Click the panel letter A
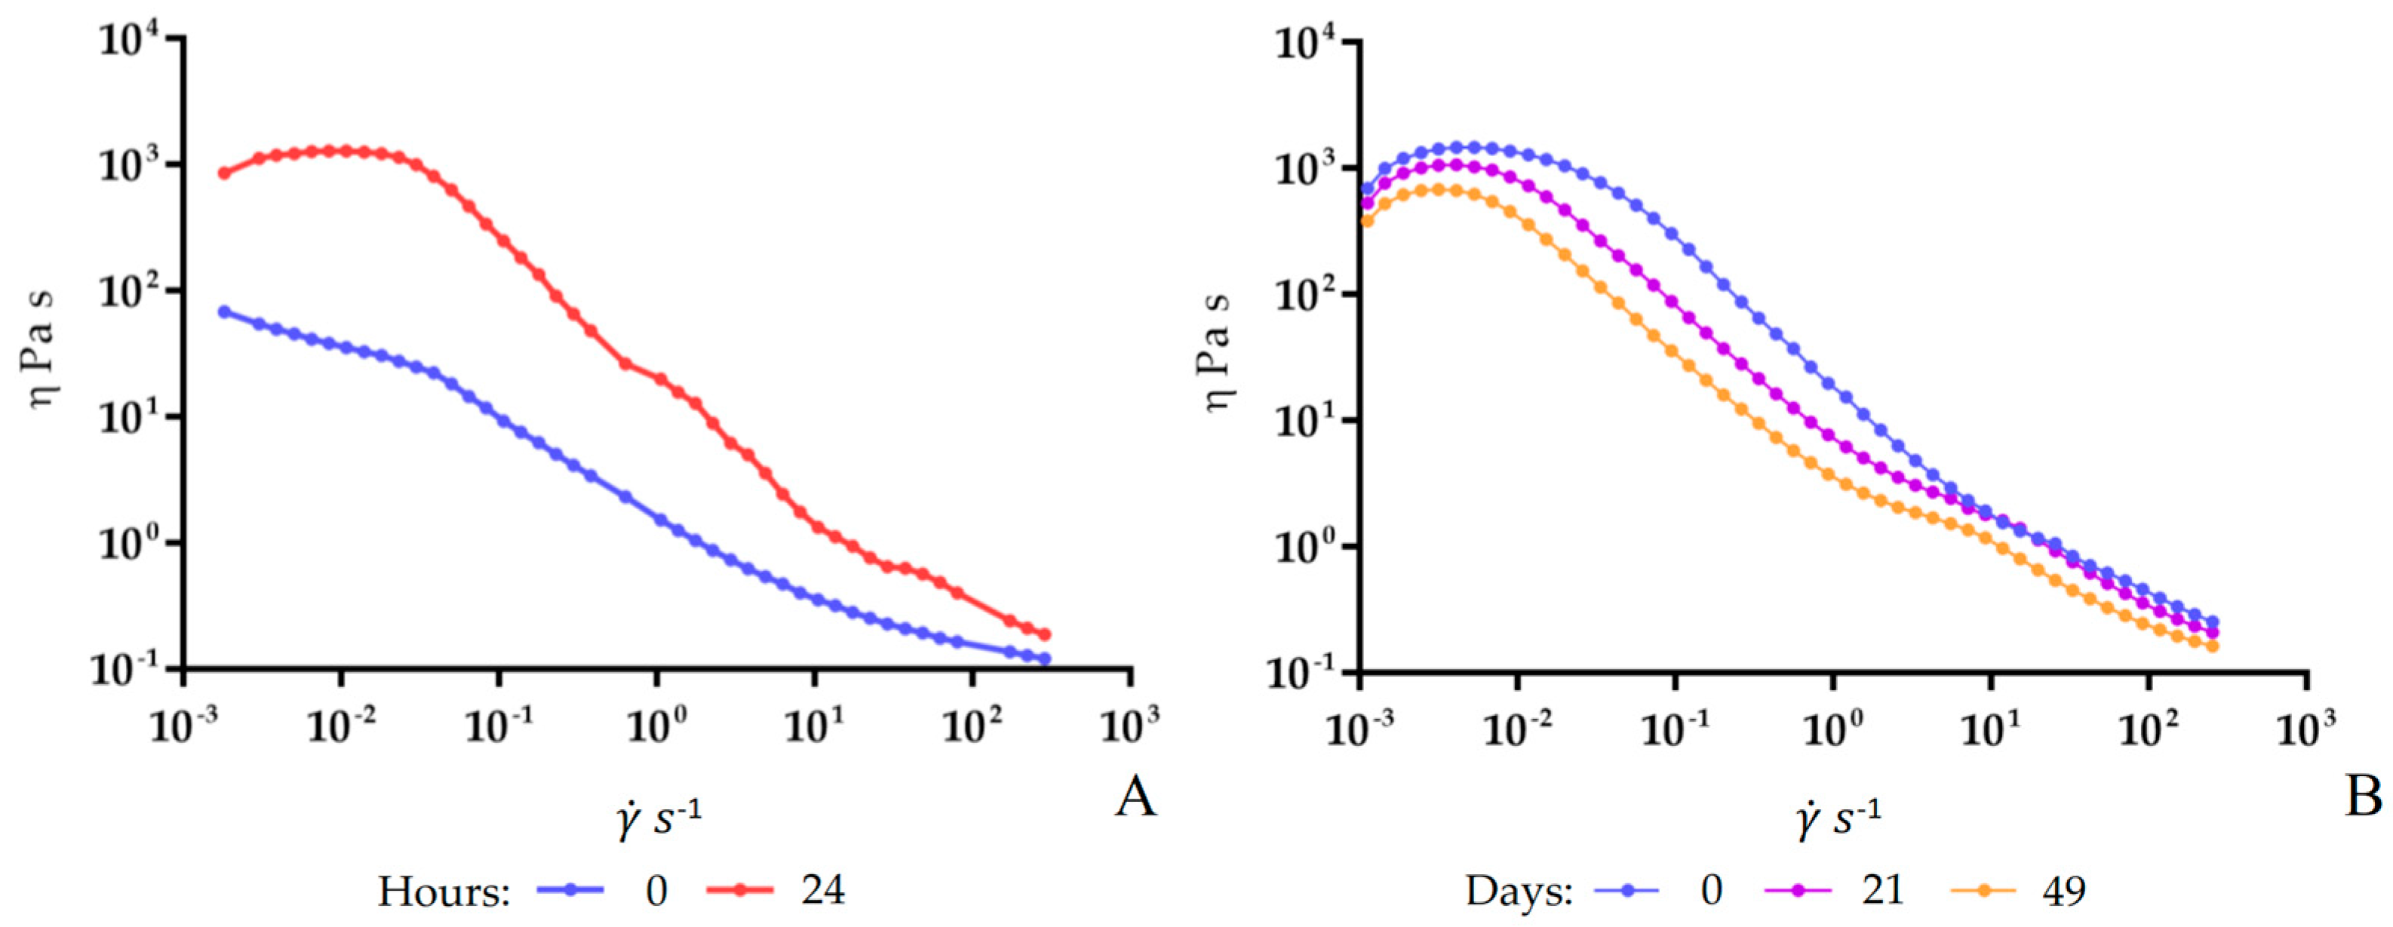tap(1135, 797)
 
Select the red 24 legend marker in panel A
tap(740, 890)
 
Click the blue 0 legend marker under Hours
tap(570, 890)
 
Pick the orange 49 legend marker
tap(1983, 890)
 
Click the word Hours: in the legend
tap(444, 892)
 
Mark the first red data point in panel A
tap(224, 173)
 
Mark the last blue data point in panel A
tap(1044, 658)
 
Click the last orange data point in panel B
tap(2212, 646)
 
